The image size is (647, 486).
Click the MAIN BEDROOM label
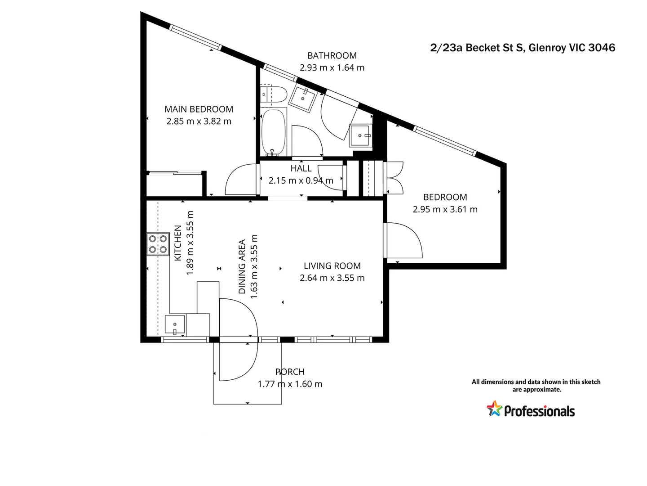click(x=199, y=109)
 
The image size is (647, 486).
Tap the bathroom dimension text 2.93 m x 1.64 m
click(x=332, y=67)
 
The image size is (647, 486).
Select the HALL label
click(x=301, y=168)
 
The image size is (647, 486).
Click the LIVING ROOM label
click(x=332, y=266)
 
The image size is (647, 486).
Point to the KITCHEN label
click(x=178, y=243)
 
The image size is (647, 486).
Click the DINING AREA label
click(x=242, y=266)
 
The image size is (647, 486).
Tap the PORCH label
click(x=290, y=372)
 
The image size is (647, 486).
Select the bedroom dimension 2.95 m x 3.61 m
click(x=445, y=209)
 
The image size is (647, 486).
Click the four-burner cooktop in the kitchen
click(x=158, y=244)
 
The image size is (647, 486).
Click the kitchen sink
click(x=175, y=324)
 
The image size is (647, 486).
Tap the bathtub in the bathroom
click(x=273, y=132)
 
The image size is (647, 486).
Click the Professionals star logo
click(x=494, y=409)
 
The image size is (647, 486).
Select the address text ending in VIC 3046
click(x=523, y=48)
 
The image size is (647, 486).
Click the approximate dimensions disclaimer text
click(x=536, y=386)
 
